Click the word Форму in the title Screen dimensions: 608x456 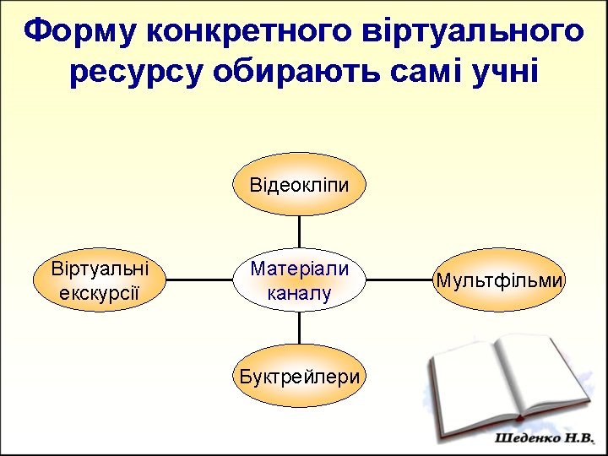[80, 32]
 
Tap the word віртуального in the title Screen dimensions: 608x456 [473, 32]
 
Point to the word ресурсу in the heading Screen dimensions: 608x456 [135, 73]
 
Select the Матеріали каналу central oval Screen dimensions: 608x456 [299, 280]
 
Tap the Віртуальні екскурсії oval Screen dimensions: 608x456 [100, 280]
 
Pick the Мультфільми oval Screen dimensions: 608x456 [499, 280]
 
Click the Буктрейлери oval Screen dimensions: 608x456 [299, 377]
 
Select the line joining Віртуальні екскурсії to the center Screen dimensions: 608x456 [199, 280]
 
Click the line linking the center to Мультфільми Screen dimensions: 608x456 [399, 280]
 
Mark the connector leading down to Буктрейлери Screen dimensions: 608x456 [299, 328]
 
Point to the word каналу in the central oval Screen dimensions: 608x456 [299, 292]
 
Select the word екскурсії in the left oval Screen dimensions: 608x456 [100, 292]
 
